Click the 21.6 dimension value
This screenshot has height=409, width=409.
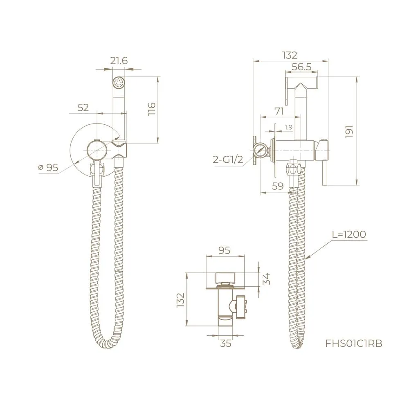click(119, 61)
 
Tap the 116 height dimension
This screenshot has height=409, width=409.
click(151, 109)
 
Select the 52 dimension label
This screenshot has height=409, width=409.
click(83, 108)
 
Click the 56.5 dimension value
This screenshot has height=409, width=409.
click(301, 67)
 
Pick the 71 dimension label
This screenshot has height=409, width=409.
click(279, 111)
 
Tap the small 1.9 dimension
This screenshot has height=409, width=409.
click(288, 127)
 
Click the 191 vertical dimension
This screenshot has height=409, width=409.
click(349, 131)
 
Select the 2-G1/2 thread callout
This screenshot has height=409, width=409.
click(228, 160)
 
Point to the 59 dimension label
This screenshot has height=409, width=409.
click(278, 186)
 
